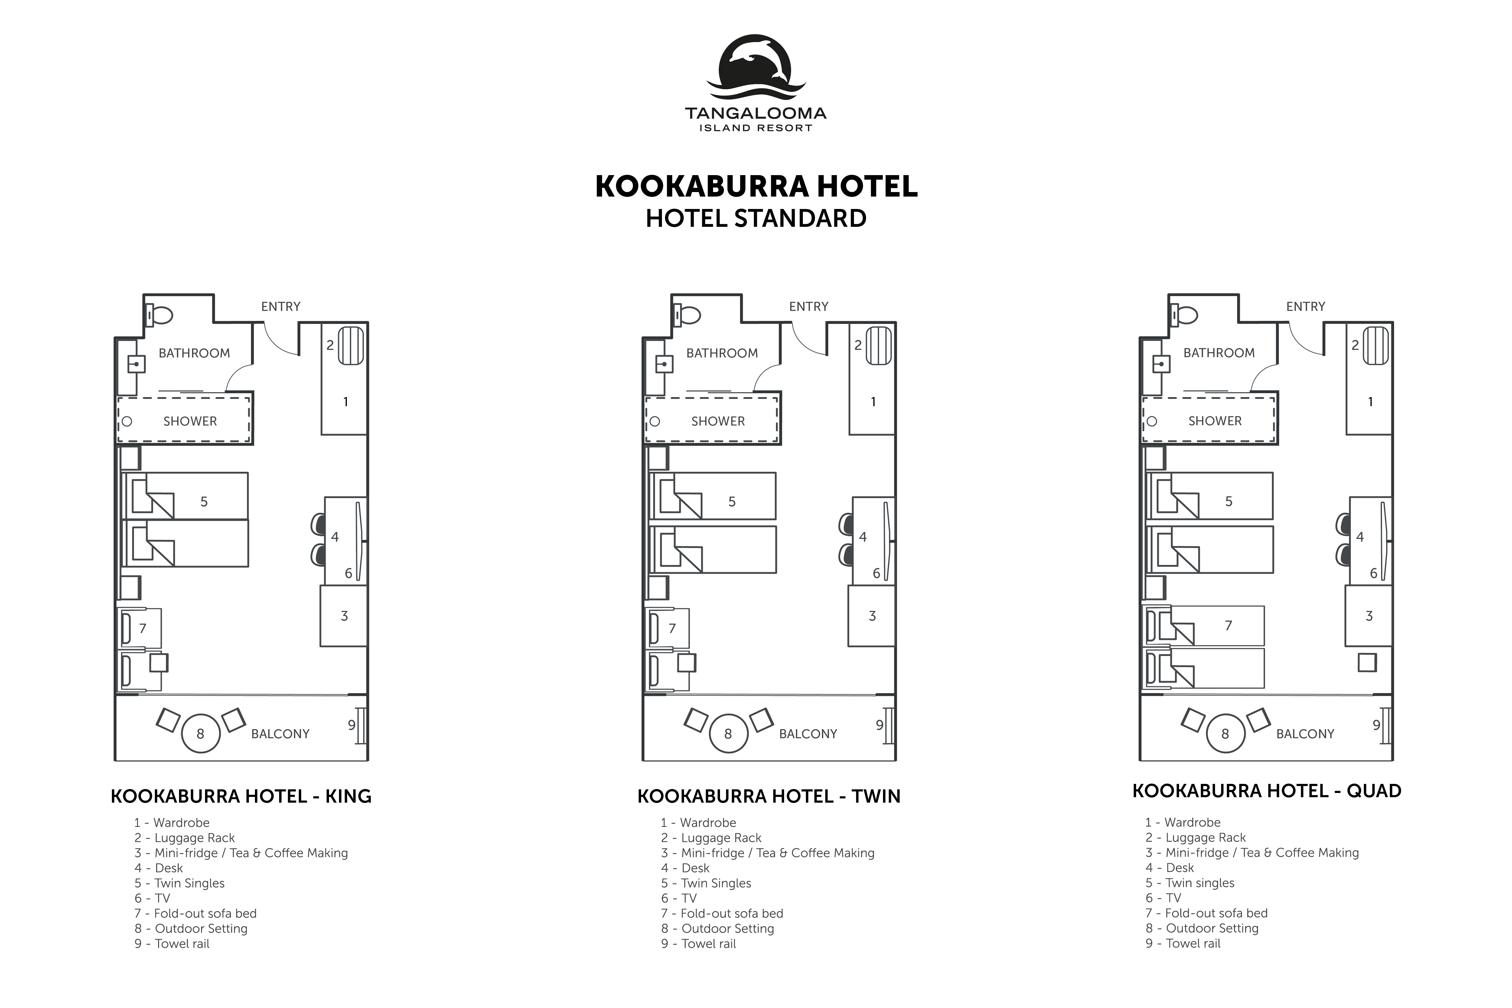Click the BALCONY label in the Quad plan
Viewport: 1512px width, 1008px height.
(1305, 733)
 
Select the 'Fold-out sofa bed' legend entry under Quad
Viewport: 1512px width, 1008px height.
(1207, 913)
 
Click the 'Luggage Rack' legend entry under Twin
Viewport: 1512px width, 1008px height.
(711, 838)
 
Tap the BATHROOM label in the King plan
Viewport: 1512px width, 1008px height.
(194, 353)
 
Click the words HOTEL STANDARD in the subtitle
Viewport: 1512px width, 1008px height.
(756, 219)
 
